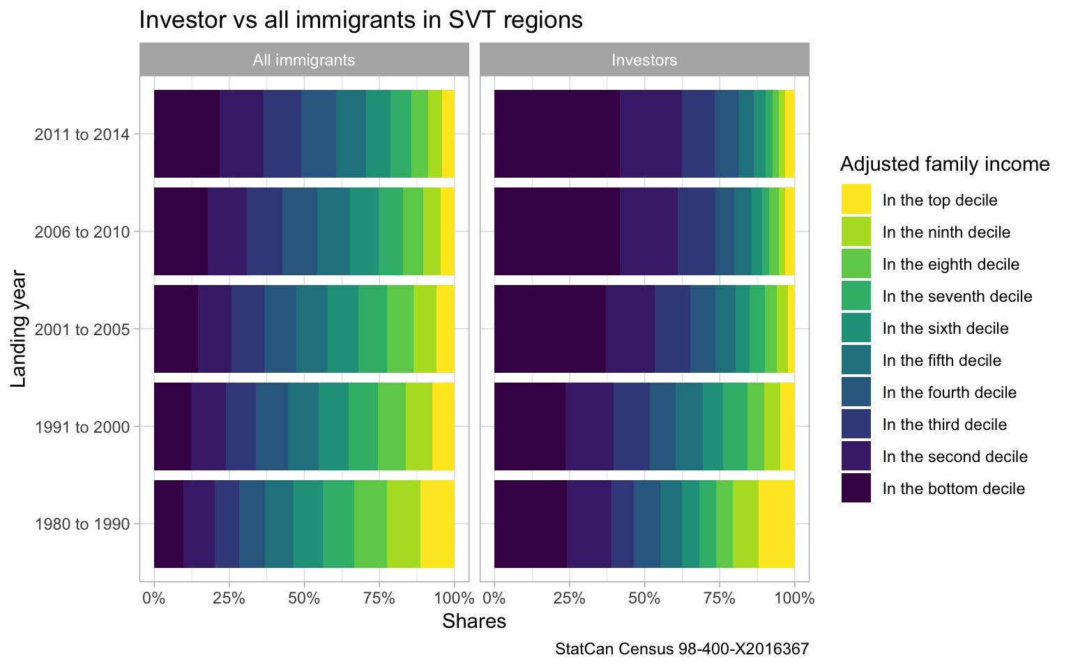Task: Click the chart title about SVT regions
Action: click(360, 20)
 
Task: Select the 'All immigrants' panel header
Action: click(304, 60)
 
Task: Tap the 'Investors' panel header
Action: click(644, 60)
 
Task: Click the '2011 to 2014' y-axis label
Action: click(82, 134)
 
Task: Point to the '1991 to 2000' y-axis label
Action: click(82, 426)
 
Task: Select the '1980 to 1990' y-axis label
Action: click(82, 524)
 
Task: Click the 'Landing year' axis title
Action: click(19, 329)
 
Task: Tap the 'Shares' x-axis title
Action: click(474, 621)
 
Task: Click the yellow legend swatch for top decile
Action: click(856, 199)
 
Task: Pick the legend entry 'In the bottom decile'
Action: click(953, 489)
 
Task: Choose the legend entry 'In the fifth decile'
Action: click(941, 360)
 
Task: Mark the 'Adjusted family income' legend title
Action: click(945, 164)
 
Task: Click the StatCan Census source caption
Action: click(682, 649)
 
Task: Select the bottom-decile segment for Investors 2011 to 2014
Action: click(556, 134)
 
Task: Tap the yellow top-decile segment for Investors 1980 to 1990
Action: click(776, 524)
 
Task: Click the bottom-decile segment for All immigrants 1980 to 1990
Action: click(168, 524)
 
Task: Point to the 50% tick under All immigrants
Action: click(304, 598)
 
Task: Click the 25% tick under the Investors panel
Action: click(569, 598)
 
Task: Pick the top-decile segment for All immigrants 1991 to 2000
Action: click(443, 426)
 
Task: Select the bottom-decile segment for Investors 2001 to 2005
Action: click(549, 329)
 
